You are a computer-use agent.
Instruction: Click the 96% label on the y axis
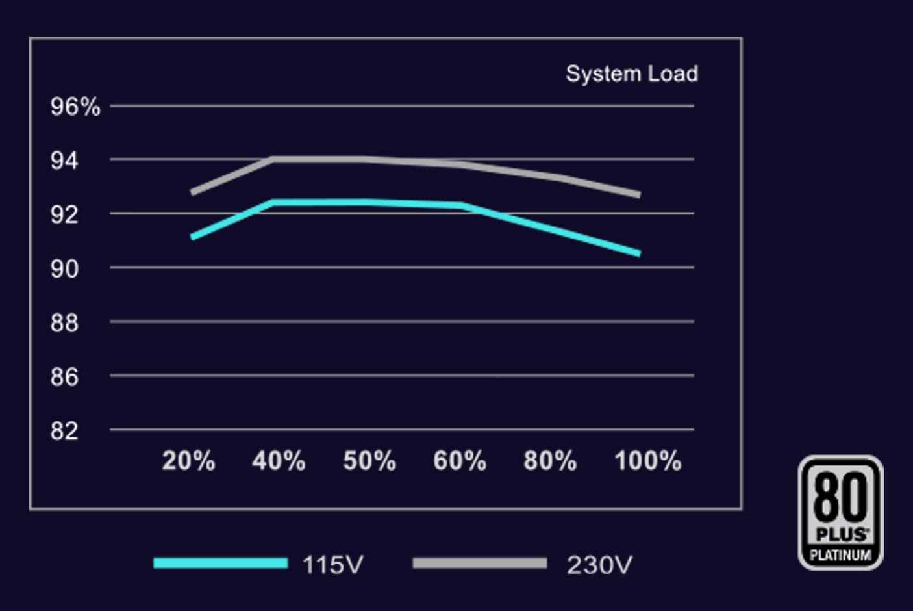pos(75,107)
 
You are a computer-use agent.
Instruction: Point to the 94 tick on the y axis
pos(64,160)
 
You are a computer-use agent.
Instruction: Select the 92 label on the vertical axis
pos(64,214)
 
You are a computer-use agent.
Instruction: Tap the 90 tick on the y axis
pos(64,268)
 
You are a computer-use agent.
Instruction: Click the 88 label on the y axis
pos(64,322)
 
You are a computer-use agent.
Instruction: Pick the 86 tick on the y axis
pos(64,376)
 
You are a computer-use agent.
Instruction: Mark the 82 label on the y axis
pos(64,430)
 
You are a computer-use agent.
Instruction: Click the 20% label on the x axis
pos(188,461)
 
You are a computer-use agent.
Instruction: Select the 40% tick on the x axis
pos(279,461)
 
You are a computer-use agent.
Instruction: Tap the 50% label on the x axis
pos(369,461)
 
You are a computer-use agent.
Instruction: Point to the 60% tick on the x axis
pos(460,461)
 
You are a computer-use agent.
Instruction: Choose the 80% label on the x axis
pos(550,461)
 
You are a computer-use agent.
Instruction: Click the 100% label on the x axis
pos(647,461)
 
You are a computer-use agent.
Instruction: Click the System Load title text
pos(632,73)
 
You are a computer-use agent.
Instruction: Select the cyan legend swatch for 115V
pos(220,564)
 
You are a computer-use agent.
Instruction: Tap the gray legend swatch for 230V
pos(479,564)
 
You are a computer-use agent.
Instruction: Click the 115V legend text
pos(332,564)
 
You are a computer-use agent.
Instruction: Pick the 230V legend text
pos(599,564)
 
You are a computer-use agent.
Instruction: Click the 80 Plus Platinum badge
pos(840,512)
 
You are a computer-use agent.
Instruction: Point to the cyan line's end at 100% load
pos(639,253)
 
